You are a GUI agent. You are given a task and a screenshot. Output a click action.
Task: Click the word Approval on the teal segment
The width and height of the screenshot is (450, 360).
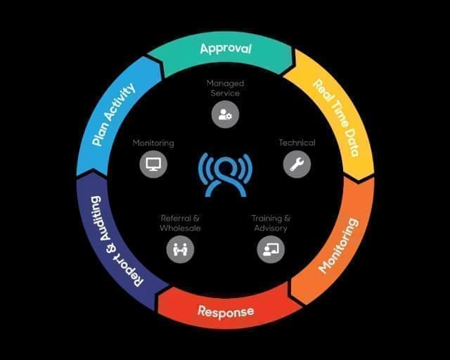pos(226,49)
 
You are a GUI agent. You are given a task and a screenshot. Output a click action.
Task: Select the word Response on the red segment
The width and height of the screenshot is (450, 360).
pos(226,311)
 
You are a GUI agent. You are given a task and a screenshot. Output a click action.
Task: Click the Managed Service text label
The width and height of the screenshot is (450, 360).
pos(225,88)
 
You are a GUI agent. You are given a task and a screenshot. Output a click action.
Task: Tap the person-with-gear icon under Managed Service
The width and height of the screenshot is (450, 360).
pos(225,115)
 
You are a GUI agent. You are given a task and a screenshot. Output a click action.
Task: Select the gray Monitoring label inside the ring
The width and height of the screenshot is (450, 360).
pos(153,143)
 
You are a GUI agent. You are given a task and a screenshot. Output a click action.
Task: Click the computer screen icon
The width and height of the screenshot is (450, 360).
pos(153,165)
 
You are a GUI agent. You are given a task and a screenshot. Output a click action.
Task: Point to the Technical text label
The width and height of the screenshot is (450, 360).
pos(297,143)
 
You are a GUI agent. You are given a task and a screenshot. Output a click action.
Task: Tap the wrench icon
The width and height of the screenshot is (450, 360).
pos(297,165)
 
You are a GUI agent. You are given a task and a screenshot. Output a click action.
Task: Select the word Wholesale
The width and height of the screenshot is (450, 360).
pos(180,228)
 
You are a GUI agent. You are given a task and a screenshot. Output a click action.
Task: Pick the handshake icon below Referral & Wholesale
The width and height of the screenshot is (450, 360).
pos(180,249)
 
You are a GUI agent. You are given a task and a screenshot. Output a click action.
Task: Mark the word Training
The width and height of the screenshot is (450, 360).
pos(266,219)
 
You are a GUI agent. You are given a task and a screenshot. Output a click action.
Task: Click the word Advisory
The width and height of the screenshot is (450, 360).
pos(271,229)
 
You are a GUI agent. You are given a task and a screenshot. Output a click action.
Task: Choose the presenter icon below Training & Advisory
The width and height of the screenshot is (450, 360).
pos(271,249)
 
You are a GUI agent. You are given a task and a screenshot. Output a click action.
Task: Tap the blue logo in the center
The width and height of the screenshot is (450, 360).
pos(225,175)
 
